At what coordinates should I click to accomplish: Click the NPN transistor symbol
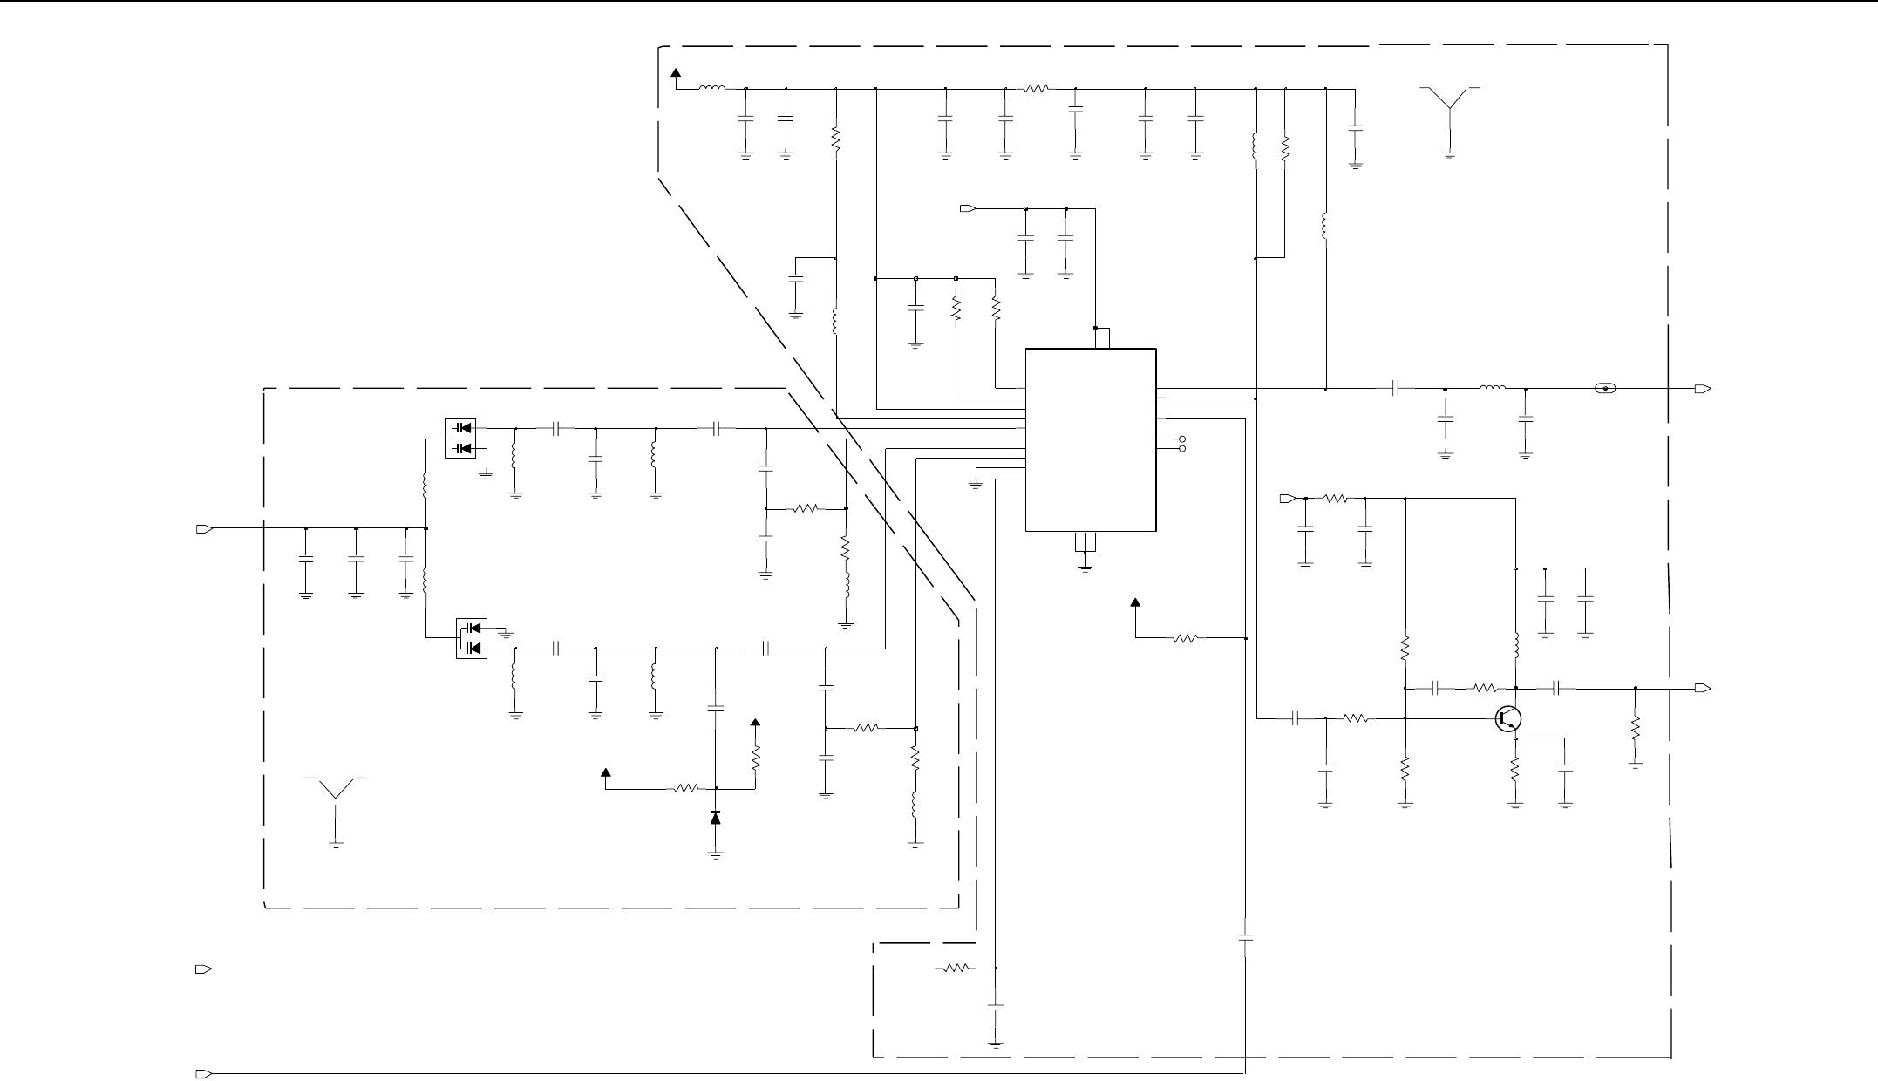(x=1508, y=718)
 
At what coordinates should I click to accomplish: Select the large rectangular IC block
(x=1091, y=439)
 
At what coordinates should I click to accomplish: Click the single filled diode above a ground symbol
(x=716, y=819)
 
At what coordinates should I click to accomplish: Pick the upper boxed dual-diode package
(x=459, y=438)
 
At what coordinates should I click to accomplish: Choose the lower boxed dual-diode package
(x=472, y=638)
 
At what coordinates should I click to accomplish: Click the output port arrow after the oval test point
(x=1703, y=389)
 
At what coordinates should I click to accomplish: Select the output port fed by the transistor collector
(x=1703, y=689)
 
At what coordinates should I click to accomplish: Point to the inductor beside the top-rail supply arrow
(x=712, y=88)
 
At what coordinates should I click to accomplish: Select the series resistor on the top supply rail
(x=1038, y=88)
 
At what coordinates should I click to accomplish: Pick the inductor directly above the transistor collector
(x=1516, y=646)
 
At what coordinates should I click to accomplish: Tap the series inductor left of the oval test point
(x=1493, y=389)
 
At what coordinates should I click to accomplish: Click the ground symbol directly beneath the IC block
(x=1085, y=567)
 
